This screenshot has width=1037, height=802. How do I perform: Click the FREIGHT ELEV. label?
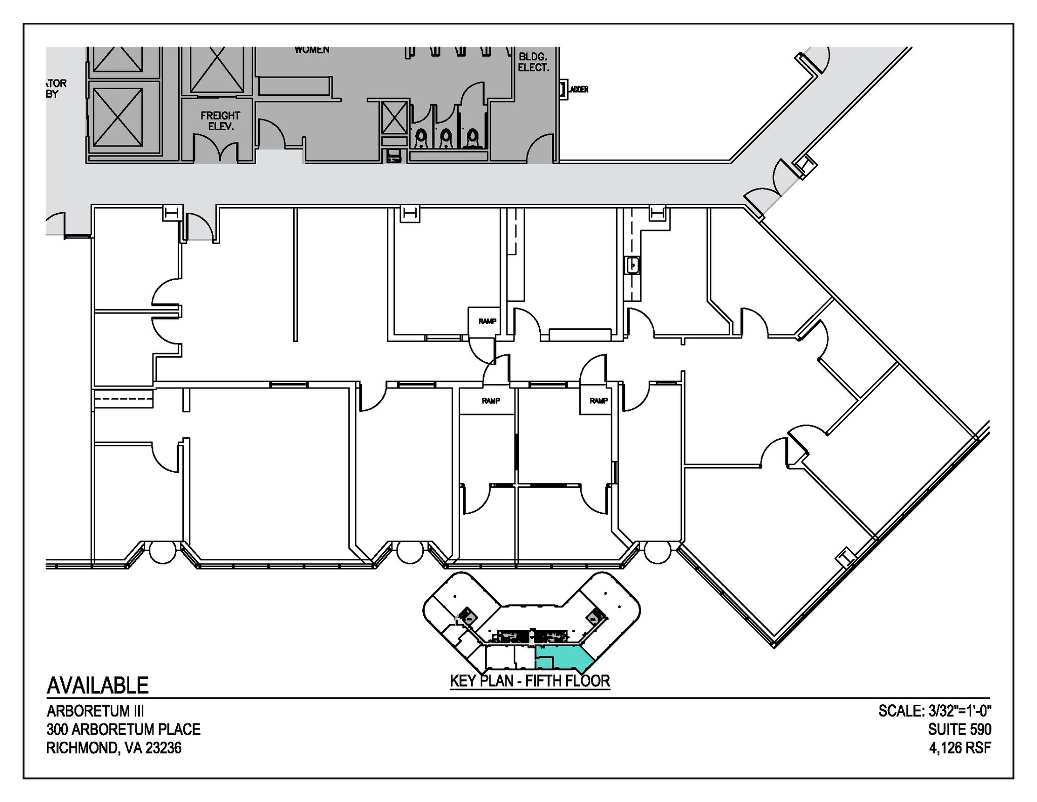(x=220, y=121)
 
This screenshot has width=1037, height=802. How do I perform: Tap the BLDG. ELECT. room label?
(x=534, y=62)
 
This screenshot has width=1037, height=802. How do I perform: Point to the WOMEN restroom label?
(x=312, y=50)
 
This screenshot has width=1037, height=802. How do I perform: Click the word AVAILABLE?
(x=98, y=685)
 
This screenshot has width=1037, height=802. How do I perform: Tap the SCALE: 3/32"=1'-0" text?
(x=934, y=711)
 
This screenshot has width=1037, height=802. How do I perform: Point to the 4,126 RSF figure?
(x=960, y=747)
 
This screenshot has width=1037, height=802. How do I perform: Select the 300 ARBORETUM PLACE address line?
(x=124, y=729)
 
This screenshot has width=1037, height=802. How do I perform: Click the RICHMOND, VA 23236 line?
(x=114, y=747)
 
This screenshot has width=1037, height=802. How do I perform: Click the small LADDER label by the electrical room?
(x=579, y=90)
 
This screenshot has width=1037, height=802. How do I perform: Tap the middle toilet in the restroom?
(x=446, y=137)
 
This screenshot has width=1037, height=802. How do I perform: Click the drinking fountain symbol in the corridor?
(x=393, y=156)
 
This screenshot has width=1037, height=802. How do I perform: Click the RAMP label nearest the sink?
(x=487, y=321)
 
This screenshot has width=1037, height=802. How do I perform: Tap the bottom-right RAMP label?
(x=598, y=400)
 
